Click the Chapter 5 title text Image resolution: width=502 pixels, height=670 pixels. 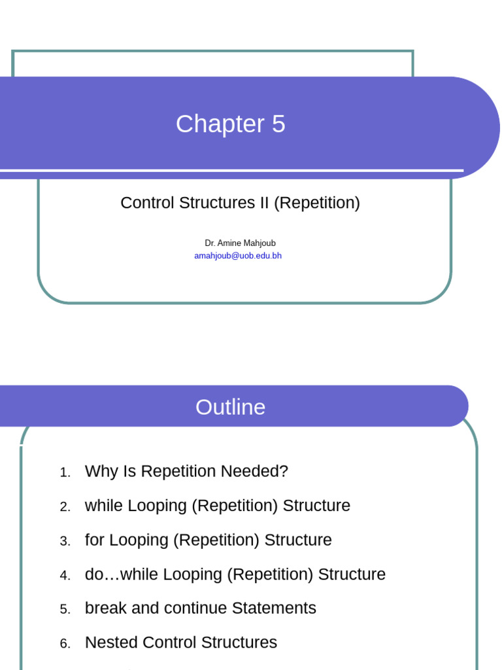[231, 124]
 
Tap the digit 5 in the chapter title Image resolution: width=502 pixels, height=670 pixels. [278, 124]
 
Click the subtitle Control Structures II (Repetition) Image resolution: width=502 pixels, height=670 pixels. [241, 203]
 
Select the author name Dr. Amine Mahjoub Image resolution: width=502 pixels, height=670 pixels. [241, 243]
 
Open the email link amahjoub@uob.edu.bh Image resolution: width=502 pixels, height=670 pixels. [238, 256]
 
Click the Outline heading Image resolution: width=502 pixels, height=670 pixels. [231, 407]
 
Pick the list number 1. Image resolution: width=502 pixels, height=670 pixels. [65, 472]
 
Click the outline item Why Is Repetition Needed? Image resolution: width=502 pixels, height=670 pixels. [186, 471]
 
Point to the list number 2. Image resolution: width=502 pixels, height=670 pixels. [65, 507]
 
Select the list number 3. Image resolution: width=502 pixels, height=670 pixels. [65, 541]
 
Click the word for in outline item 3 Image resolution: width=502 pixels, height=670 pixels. [94, 540]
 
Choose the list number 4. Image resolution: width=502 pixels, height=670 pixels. [65, 576]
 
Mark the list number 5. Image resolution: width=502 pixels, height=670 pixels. [65, 609]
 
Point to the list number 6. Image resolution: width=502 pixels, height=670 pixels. [65, 644]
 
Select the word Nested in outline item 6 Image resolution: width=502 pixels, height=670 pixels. [111, 643]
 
